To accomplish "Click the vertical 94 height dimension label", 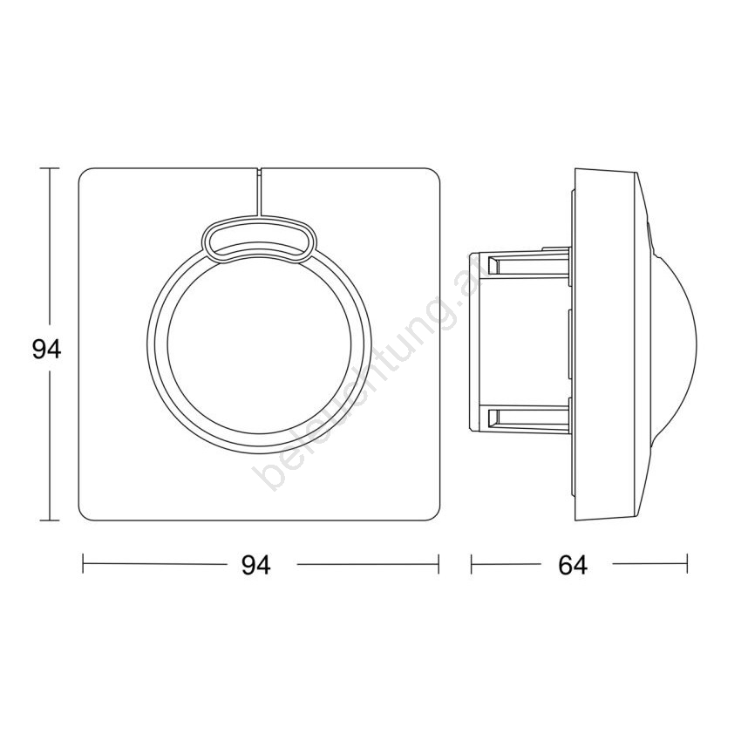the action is (46, 350).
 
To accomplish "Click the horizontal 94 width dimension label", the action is (256, 565).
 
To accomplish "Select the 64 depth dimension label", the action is (573, 565).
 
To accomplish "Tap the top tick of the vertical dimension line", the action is (49, 168).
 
